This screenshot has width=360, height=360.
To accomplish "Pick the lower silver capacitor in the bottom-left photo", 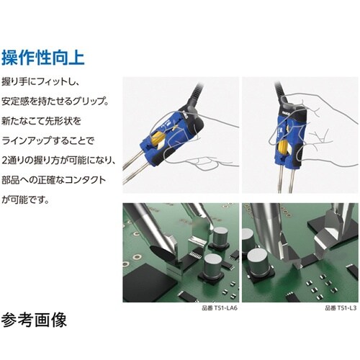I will (x=212, y=264).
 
